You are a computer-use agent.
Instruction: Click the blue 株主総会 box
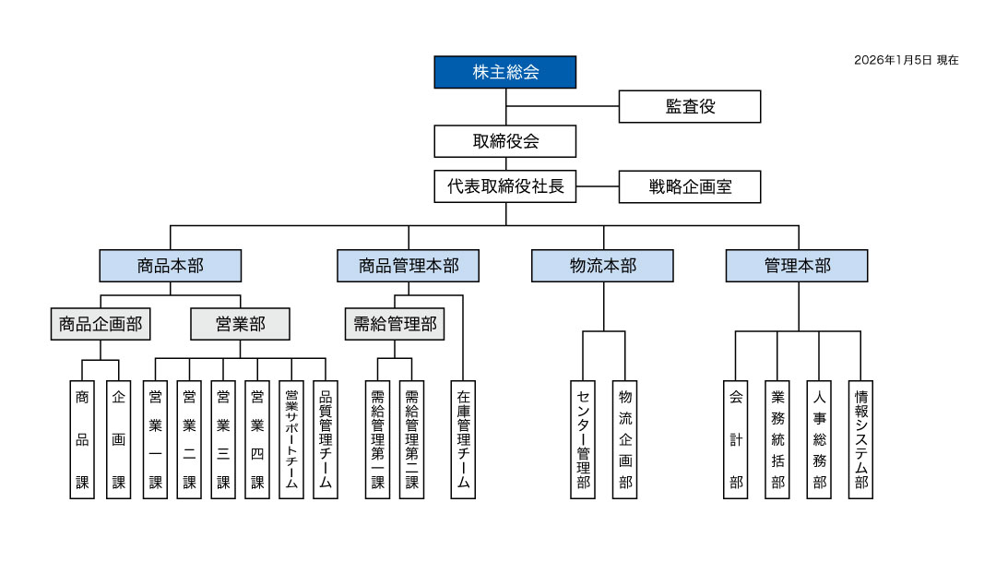tap(505, 72)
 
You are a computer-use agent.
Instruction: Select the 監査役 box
tap(690, 106)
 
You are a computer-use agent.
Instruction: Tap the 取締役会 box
tap(505, 141)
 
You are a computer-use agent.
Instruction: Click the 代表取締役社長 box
tap(505, 186)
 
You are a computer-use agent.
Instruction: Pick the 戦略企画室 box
tap(690, 186)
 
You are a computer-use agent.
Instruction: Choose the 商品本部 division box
tap(171, 266)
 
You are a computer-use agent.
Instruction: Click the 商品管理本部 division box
tap(409, 266)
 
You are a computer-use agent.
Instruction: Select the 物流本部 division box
tap(602, 266)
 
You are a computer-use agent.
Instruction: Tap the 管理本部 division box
tap(797, 266)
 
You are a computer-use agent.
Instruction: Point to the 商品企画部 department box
tap(101, 324)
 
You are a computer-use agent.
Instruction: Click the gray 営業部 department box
tap(240, 324)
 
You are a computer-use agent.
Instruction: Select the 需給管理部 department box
tap(395, 324)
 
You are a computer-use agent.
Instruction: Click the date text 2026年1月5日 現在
tap(906, 60)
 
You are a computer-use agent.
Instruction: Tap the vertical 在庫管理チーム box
tap(463, 439)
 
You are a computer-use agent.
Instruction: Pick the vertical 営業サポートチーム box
tap(291, 439)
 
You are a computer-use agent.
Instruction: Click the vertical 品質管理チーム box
tap(326, 439)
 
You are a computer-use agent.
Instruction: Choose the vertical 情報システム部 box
tap(861, 439)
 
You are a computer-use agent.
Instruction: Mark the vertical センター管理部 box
tap(583, 439)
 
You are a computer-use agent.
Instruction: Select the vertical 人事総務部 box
tap(819, 439)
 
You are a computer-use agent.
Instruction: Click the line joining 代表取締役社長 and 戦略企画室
tap(598, 186)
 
